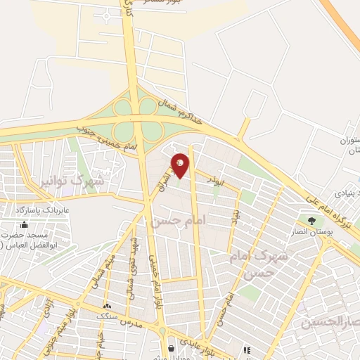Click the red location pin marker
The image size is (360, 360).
181,165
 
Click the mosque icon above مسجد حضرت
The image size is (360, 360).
25,224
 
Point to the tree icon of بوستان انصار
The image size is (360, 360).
311,221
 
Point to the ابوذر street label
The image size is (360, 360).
213,179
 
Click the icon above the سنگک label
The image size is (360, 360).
107,306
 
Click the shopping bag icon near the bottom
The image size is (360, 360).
172,348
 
